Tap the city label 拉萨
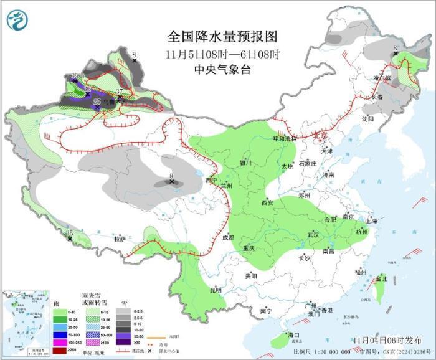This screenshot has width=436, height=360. (x=120, y=239)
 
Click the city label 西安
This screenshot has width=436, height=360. (x=267, y=202)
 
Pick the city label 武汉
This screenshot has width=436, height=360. (x=313, y=235)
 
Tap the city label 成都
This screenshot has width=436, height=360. (x=228, y=237)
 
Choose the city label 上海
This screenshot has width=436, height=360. (x=372, y=220)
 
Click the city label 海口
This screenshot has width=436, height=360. (x=294, y=335)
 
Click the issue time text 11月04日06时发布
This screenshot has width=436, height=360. (x=386, y=339)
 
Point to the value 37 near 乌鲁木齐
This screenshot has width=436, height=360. (x=119, y=93)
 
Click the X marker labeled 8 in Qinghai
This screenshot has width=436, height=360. (x=171, y=182)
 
